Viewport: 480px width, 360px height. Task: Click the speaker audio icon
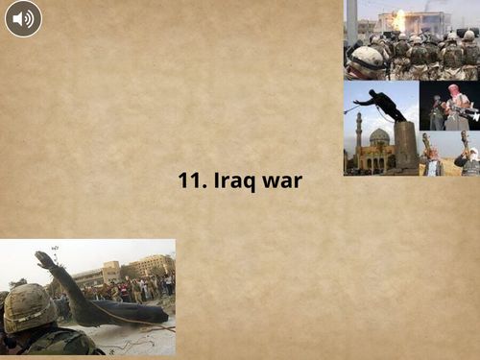click(22, 18)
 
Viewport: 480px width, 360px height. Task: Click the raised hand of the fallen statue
click(43, 259)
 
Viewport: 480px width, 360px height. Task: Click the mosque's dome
click(380, 136)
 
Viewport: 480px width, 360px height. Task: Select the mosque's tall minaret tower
click(358, 134)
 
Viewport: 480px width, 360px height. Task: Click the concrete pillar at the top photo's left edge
click(351, 19)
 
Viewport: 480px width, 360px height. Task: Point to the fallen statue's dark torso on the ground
click(115, 313)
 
